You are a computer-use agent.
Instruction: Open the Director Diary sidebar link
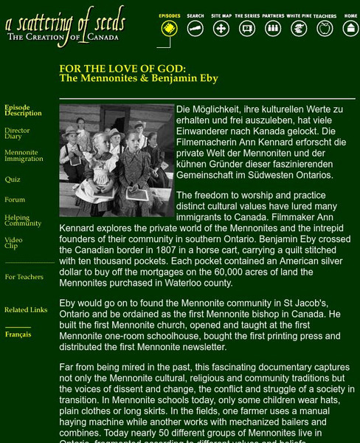click(17, 134)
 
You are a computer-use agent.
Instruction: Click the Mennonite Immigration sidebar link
click(24, 156)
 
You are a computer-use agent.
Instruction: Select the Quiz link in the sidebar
click(13, 179)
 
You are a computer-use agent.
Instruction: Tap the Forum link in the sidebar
click(15, 199)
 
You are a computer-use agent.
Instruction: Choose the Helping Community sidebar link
click(23, 221)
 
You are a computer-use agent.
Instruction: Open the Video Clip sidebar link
click(13, 243)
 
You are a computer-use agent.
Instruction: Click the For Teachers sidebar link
click(24, 277)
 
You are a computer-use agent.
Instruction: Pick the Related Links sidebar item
click(26, 310)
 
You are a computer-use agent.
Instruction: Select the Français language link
click(18, 334)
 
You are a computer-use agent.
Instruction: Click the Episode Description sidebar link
click(23, 111)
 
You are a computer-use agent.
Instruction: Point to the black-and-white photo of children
click(116, 160)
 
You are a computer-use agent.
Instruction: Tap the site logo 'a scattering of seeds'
click(65, 27)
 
